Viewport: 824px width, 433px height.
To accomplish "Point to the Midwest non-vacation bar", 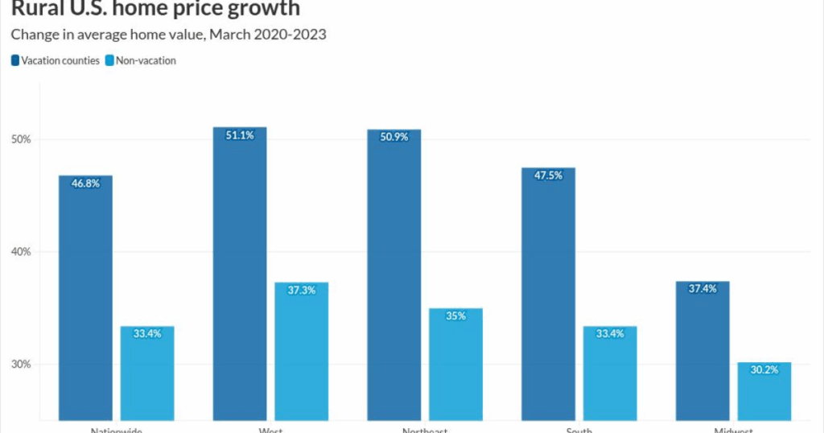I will click(x=764, y=394).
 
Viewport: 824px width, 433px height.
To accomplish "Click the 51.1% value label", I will click(x=240, y=136).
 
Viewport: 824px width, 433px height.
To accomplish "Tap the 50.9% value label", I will click(x=393, y=138).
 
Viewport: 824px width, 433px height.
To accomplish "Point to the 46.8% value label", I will click(x=85, y=184).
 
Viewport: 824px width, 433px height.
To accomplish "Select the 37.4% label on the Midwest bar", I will click(x=702, y=290).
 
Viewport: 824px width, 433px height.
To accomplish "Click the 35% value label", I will click(x=455, y=316).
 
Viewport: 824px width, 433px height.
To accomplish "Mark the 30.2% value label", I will click(x=764, y=371).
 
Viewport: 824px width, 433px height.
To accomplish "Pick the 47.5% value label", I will click(x=548, y=175).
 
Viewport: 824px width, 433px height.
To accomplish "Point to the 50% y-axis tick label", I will click(x=21, y=139).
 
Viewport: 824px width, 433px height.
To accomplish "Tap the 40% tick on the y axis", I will click(x=21, y=252).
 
